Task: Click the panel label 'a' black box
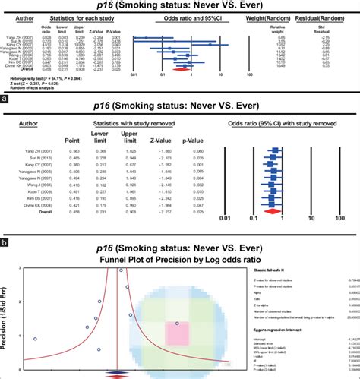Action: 6,98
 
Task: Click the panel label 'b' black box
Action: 6,243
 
